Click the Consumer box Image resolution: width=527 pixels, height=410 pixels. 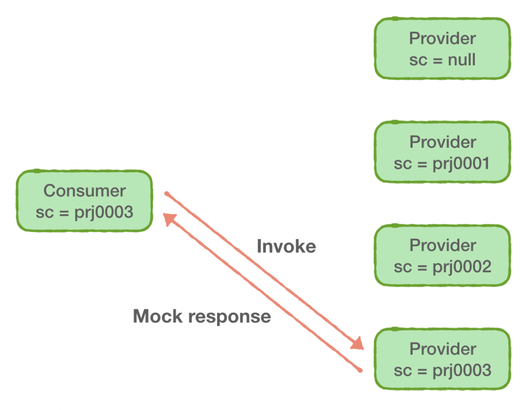click(84, 201)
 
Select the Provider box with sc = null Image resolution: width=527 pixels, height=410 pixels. click(442, 49)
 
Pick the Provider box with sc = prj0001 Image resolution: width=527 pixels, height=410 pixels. click(442, 152)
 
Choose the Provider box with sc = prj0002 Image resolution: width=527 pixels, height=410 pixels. click(442, 256)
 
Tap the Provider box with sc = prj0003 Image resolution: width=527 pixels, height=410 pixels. click(442, 359)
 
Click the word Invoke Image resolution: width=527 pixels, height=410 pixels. click(286, 246)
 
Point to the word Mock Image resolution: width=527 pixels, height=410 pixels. click(158, 316)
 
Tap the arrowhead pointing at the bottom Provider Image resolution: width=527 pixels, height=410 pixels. click(358, 344)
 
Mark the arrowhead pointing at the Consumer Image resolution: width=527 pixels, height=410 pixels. click(169, 218)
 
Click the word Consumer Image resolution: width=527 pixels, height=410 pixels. click(84, 190)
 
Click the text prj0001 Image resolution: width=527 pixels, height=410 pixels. click(462, 164)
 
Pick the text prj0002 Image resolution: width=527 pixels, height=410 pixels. click(462, 267)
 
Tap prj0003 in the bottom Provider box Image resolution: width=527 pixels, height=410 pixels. click(462, 370)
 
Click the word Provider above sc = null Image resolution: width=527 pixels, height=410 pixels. click(442, 38)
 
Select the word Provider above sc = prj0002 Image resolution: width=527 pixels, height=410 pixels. click(442, 245)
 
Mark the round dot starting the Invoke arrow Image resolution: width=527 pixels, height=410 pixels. click(166, 194)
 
